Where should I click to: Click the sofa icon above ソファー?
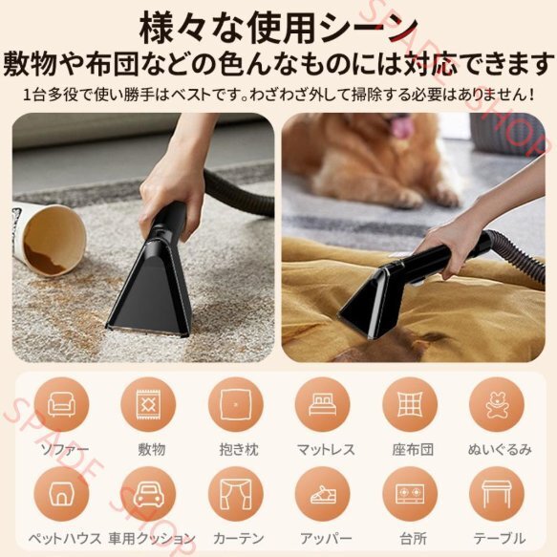pos(61,404)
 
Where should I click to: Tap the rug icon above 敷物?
pos(148,404)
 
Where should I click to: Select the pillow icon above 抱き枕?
pos(236,404)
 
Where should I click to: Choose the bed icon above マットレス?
pos(322,405)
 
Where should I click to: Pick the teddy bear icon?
pos(497,405)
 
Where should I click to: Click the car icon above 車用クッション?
pos(148,494)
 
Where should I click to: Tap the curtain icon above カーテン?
pos(236,494)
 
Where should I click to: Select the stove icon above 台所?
pos(410,494)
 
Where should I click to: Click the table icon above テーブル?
pos(497,495)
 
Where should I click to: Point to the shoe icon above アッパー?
pos(323,495)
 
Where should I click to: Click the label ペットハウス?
pos(65,539)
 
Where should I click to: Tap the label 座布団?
pos(413,450)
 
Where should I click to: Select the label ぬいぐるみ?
pos(500,450)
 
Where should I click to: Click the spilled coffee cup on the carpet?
pos(47,239)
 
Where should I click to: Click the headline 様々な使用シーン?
pos(279,29)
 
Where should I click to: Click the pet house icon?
pos(61,494)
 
